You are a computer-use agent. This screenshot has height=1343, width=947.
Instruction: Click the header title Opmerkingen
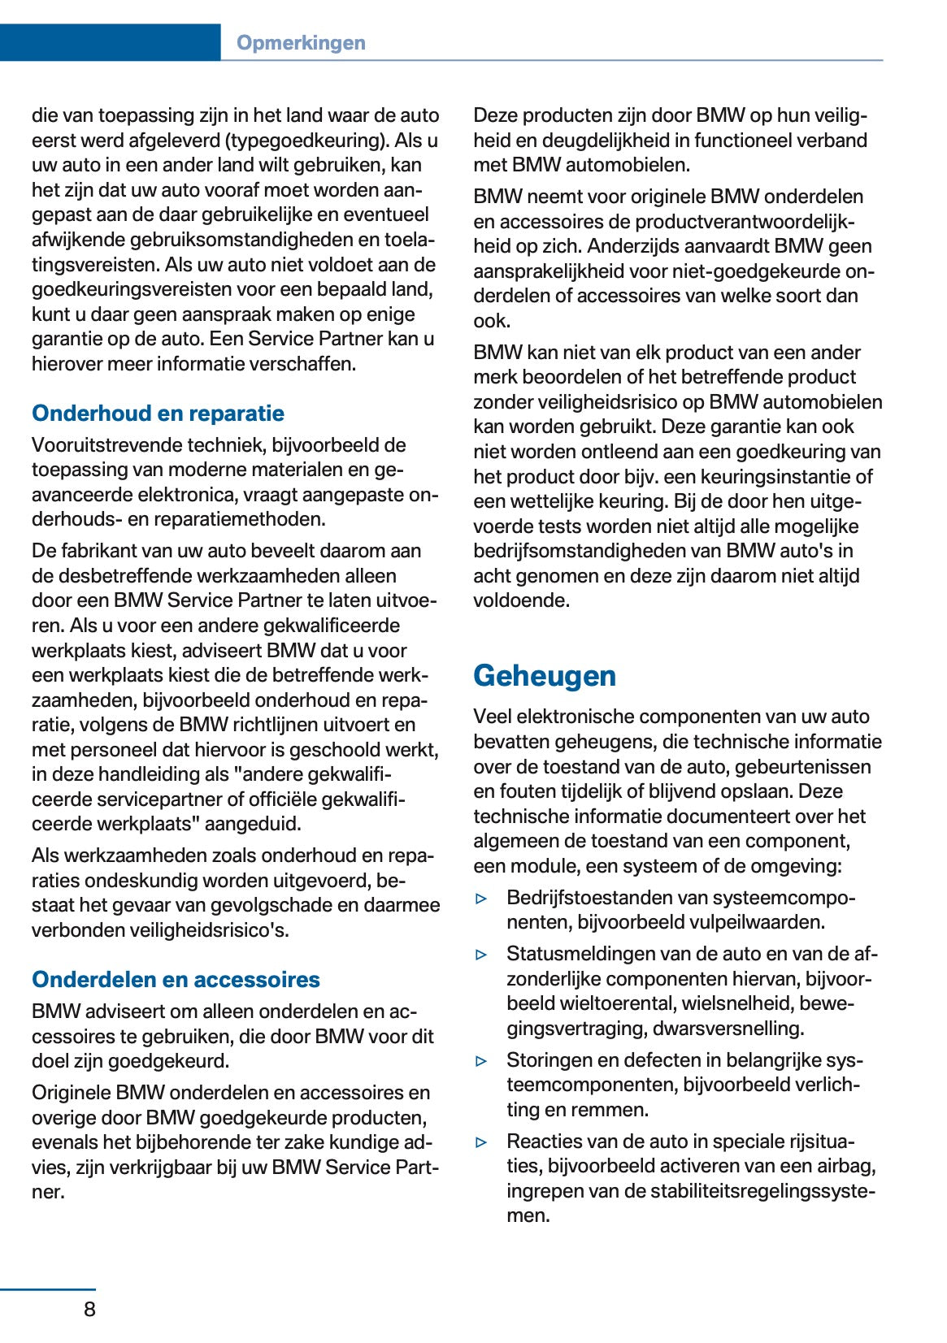tap(301, 43)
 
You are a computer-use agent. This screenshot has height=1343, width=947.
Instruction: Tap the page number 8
tap(89, 1309)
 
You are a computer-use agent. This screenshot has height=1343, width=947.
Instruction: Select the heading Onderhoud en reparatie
tap(158, 414)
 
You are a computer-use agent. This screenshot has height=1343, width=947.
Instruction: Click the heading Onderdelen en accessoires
tap(176, 980)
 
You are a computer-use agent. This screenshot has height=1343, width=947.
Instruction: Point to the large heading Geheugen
tap(545, 676)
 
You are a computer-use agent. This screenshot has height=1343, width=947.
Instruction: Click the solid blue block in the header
tap(110, 43)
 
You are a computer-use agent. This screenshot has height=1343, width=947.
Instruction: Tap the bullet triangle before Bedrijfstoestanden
tap(482, 899)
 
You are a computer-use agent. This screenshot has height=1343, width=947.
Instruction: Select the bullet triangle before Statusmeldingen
tap(482, 955)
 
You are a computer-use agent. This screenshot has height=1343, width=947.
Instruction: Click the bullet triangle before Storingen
tap(482, 1061)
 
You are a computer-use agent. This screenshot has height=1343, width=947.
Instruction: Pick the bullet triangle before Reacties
tap(482, 1142)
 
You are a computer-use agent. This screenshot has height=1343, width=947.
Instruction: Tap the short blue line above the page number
tap(48, 1289)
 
